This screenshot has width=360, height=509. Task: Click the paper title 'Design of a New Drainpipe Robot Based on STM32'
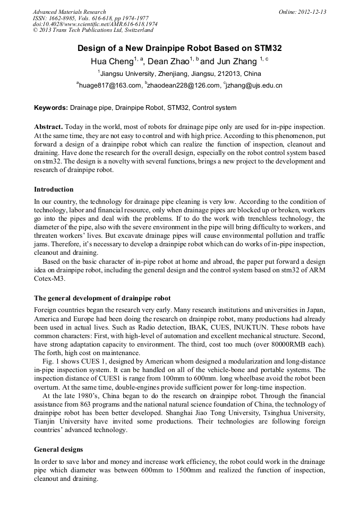[x=179, y=48]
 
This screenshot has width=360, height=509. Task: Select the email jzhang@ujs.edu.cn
[x=254, y=85]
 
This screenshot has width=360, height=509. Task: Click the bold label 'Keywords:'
[x=51, y=108]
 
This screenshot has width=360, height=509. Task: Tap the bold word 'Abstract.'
[x=49, y=127]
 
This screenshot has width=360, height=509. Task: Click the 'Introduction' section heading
[x=54, y=189]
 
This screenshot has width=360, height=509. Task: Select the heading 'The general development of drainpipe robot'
[x=102, y=298]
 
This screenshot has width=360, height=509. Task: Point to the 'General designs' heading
[x=59, y=449]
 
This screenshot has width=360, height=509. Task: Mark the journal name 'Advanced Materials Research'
[x=69, y=12]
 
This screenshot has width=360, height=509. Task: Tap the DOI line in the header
[x=95, y=24]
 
